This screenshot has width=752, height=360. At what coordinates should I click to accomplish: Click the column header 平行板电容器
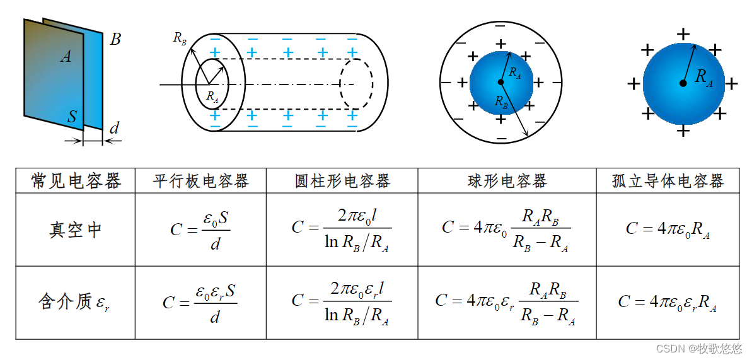tap(200, 182)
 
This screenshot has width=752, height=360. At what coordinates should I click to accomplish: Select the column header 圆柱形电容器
tap(342, 182)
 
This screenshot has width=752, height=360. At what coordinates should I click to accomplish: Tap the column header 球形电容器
tap(507, 182)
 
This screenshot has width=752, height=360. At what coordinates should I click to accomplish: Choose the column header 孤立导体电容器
tap(668, 182)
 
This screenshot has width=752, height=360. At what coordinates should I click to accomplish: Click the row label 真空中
tap(75, 229)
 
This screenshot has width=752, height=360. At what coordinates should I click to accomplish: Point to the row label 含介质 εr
tap(75, 302)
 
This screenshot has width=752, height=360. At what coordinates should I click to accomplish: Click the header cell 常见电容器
tap(76, 182)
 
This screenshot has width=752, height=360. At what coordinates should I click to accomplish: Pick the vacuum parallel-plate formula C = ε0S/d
tap(200, 229)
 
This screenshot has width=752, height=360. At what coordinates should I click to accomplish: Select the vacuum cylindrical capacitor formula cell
tap(342, 229)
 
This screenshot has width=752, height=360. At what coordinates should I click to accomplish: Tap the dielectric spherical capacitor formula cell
tap(507, 302)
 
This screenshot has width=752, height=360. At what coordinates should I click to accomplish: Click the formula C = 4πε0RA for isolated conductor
tap(668, 229)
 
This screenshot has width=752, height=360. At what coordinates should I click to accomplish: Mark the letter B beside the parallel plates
tap(115, 40)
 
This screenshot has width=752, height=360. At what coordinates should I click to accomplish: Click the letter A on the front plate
tap(66, 57)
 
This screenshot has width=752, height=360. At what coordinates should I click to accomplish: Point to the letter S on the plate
tap(72, 117)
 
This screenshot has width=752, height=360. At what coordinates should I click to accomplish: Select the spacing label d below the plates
tap(114, 129)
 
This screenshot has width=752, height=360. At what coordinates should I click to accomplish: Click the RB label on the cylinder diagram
tap(180, 38)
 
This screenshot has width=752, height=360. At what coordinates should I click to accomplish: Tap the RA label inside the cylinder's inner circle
tap(212, 97)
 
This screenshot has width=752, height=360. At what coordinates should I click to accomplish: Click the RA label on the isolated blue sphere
tap(703, 78)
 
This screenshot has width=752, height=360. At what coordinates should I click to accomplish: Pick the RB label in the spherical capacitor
tap(501, 101)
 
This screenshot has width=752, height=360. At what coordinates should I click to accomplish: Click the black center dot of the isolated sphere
tap(683, 83)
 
